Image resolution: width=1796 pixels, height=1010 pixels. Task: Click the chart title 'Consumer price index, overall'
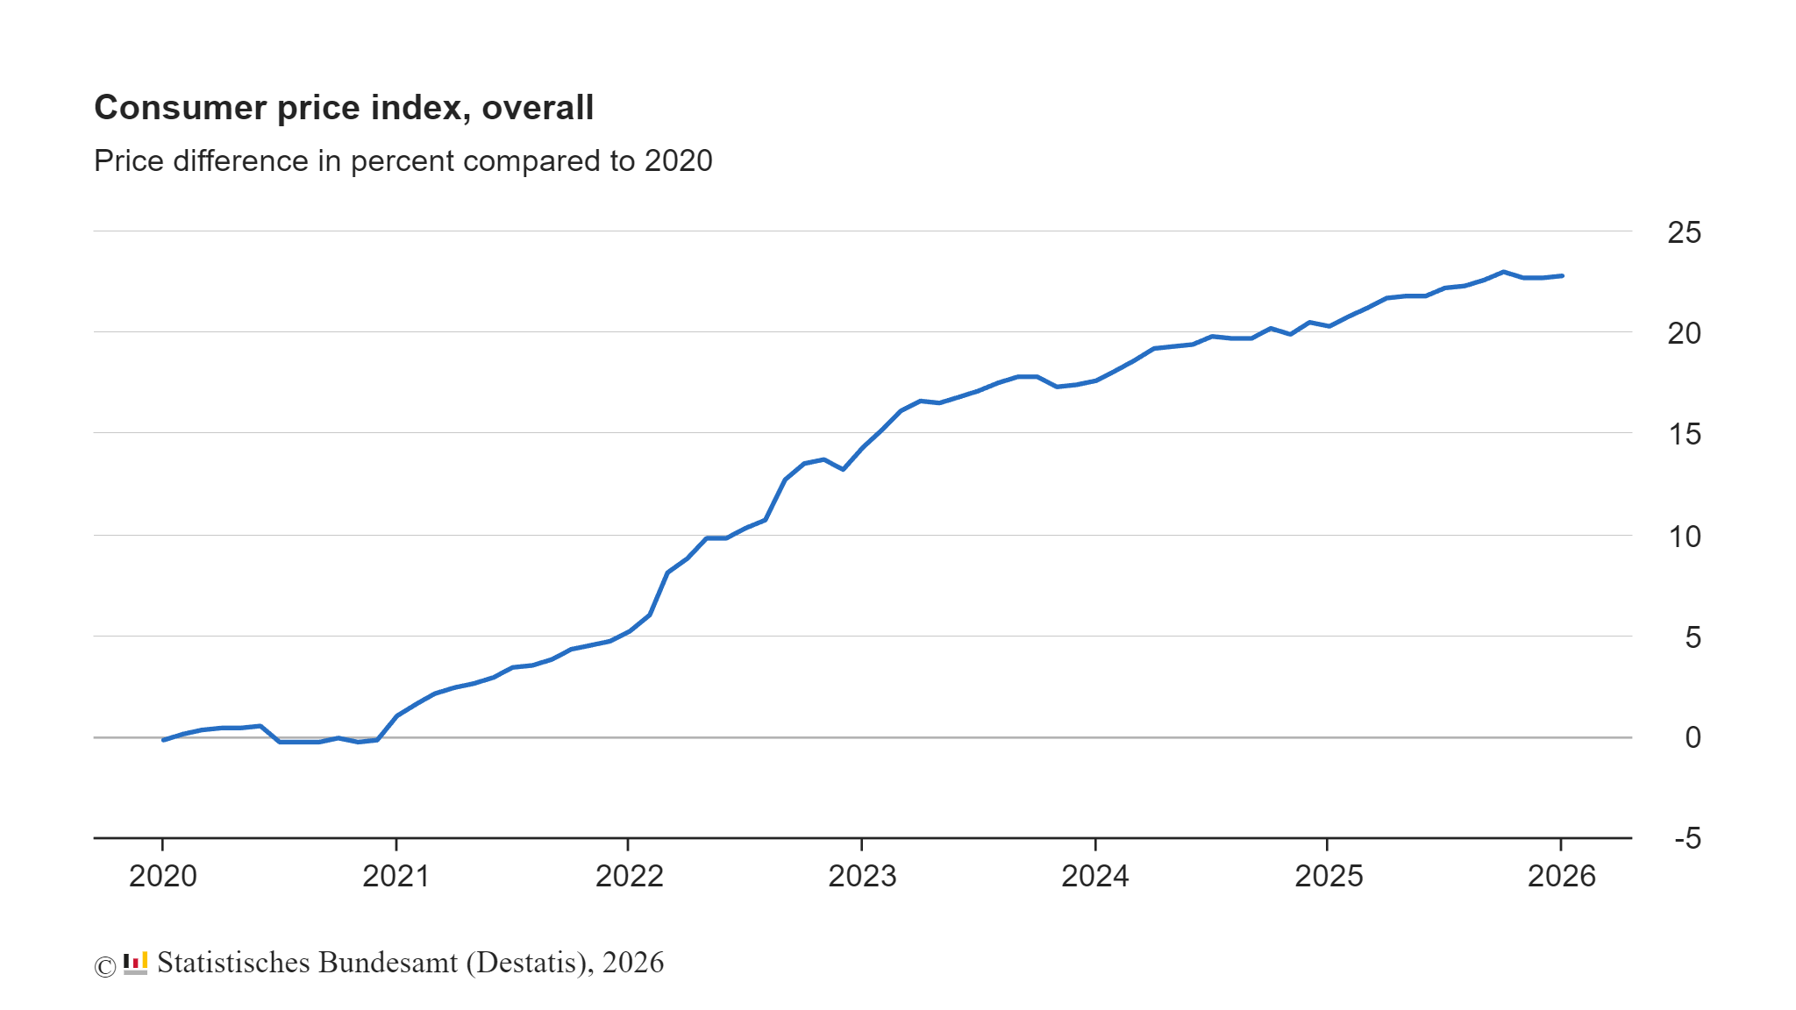tap(344, 108)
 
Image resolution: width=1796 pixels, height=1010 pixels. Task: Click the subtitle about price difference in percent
tap(403, 161)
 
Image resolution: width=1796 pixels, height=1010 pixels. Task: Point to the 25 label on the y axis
tap(1684, 232)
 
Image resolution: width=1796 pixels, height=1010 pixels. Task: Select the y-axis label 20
tap(1684, 333)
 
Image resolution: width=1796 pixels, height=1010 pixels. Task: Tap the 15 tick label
tap(1684, 434)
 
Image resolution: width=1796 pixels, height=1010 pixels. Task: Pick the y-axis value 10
tap(1684, 536)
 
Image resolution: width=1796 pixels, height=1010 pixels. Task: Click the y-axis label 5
tap(1693, 637)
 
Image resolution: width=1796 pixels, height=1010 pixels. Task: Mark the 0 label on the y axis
tap(1693, 737)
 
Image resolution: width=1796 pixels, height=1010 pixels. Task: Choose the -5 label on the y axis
tap(1687, 838)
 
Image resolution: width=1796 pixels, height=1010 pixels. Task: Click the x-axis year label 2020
tap(163, 876)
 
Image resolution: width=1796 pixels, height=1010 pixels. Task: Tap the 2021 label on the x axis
tap(396, 876)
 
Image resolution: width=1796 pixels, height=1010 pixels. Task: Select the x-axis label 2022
tap(629, 876)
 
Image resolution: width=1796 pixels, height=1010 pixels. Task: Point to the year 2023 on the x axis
tap(862, 876)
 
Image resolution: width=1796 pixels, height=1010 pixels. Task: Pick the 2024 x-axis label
tap(1095, 876)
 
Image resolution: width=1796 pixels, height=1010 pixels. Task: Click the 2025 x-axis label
tap(1329, 876)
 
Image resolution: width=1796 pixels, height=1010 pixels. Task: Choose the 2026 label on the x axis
tap(1561, 876)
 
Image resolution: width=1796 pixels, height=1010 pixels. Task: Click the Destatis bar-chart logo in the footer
tap(135, 963)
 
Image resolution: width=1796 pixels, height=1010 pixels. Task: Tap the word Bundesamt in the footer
tap(388, 963)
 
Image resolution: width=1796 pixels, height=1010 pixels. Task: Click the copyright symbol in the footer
tap(105, 966)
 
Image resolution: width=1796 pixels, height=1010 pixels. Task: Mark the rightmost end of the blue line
tap(1562, 275)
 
